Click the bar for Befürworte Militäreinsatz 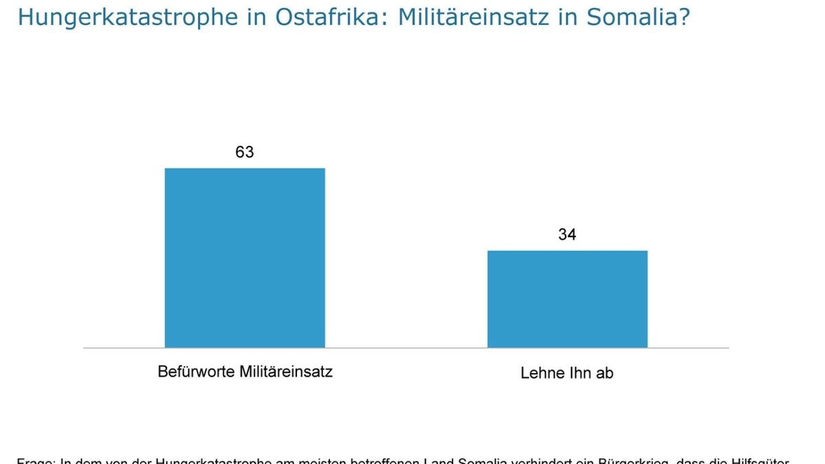pyautogui.click(x=245, y=258)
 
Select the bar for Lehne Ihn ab pyautogui.click(x=567, y=299)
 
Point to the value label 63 pyautogui.click(x=245, y=152)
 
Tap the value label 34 pyautogui.click(x=567, y=234)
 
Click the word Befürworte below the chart pyautogui.click(x=196, y=372)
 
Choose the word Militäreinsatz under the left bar pyautogui.click(x=286, y=372)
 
